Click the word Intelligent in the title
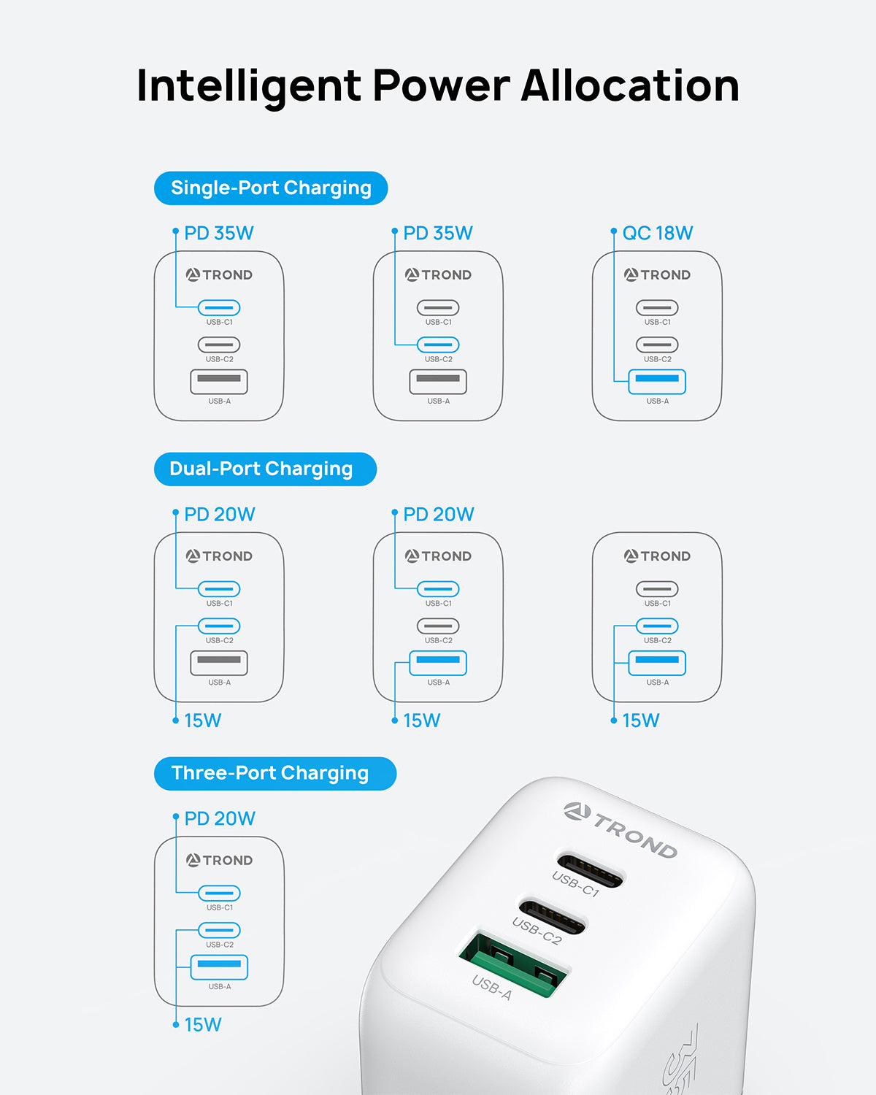(248, 86)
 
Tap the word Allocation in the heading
(630, 86)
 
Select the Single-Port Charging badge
(271, 188)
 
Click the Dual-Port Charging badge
(265, 469)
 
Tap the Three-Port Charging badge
(274, 774)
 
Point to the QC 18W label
(657, 234)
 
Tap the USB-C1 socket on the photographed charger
(590, 869)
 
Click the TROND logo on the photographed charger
(620, 830)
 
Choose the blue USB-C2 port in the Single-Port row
(438, 345)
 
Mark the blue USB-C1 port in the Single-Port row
(219, 308)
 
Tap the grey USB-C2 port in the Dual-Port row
(438, 626)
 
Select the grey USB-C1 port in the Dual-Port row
(657, 589)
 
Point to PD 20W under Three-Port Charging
(219, 819)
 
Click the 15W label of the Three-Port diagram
(202, 1025)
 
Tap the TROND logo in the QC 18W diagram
(657, 275)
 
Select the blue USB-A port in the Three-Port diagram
(219, 967)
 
